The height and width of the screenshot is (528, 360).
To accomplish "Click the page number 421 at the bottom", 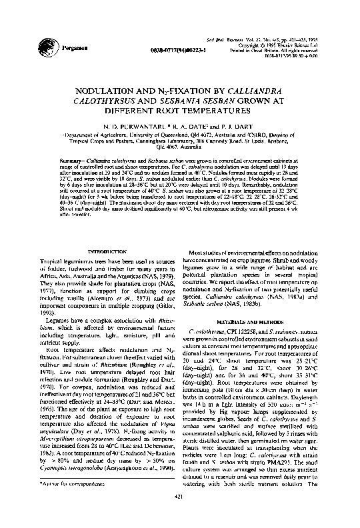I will pos(178,514).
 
